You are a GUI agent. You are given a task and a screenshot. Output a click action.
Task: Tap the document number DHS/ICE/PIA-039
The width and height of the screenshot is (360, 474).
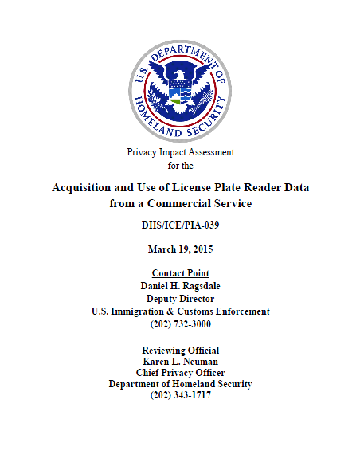180,225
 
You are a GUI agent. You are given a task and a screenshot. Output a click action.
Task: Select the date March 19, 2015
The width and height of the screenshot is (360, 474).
180,249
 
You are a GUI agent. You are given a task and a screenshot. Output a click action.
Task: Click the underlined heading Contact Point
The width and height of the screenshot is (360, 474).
180,273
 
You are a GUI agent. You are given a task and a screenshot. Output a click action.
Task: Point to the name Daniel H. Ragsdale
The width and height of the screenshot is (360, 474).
180,286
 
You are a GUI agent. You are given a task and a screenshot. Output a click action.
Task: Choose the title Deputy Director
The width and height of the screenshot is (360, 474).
180,299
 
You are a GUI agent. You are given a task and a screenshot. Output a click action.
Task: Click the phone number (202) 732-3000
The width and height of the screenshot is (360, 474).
180,324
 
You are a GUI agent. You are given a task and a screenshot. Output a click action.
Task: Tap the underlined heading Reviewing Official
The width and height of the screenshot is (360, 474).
180,351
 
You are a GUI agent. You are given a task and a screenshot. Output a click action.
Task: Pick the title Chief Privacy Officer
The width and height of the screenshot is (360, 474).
180,373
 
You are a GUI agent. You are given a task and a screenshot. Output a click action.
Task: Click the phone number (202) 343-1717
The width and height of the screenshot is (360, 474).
180,395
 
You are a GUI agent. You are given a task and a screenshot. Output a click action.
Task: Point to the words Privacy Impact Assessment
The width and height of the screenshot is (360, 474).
180,152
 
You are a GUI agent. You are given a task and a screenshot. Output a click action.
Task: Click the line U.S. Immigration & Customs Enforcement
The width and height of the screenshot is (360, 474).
180,311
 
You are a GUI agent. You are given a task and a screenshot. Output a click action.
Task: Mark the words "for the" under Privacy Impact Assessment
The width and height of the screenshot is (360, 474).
180,166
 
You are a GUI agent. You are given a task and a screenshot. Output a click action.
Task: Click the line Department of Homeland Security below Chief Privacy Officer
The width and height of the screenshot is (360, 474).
180,384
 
